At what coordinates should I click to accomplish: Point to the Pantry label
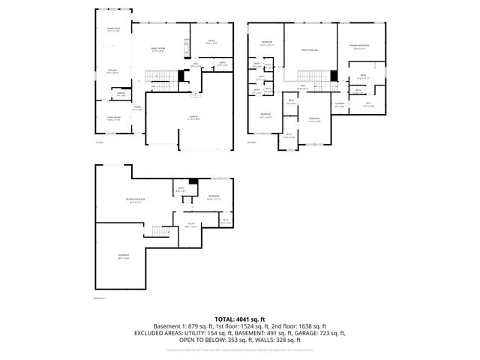(120, 94)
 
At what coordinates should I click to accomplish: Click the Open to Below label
(308, 49)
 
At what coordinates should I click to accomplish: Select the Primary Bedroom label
(358, 46)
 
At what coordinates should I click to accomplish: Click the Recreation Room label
(136, 199)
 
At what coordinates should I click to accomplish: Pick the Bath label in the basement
(181, 189)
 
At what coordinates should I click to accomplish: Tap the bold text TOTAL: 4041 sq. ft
(240, 319)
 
